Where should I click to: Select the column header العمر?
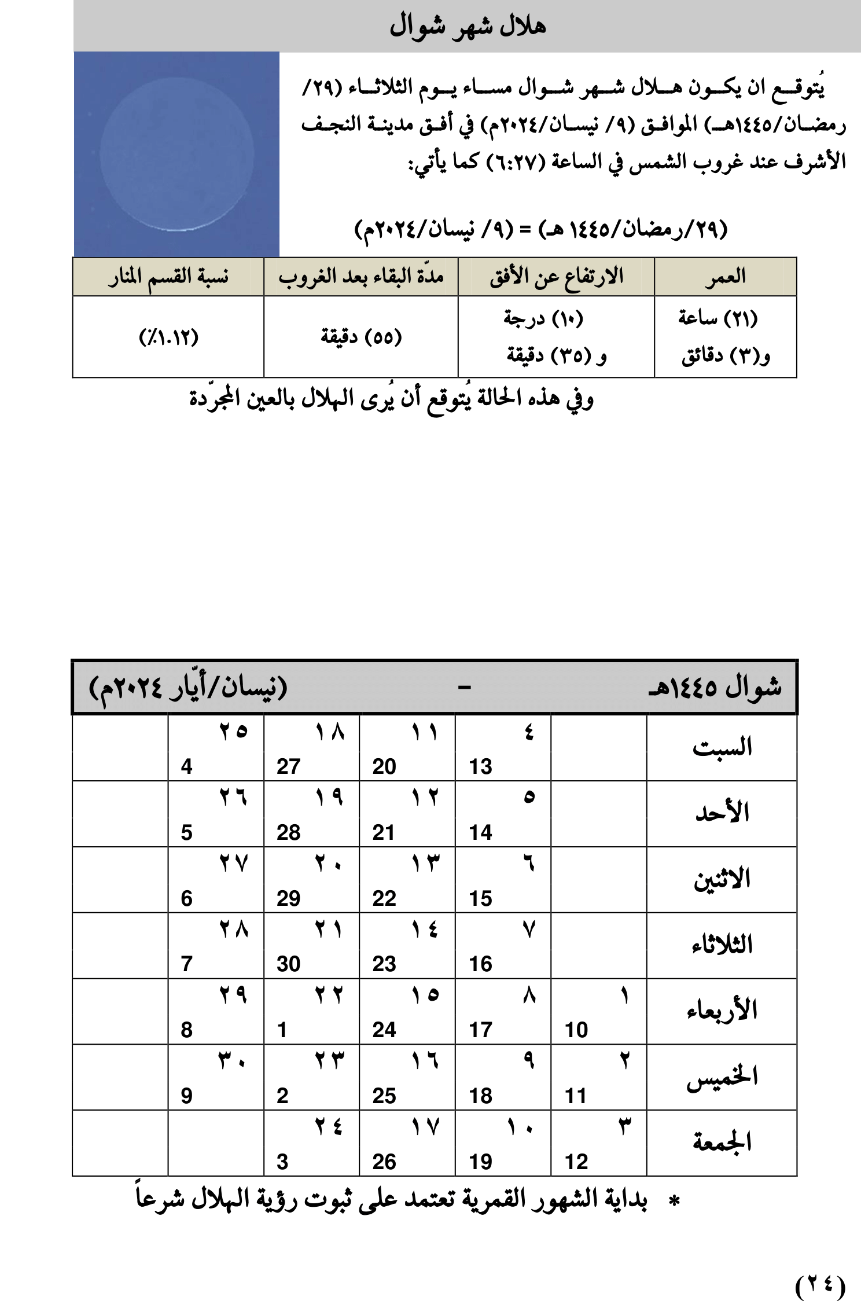click(x=725, y=277)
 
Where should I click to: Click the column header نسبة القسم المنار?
click(x=168, y=277)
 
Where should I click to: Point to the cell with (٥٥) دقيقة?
click(x=361, y=337)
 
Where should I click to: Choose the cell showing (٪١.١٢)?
click(x=168, y=337)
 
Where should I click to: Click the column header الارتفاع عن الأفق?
click(x=556, y=277)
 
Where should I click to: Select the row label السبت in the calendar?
click(x=722, y=747)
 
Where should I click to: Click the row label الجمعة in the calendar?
click(x=722, y=1142)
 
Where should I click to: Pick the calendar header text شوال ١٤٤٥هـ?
click(x=715, y=687)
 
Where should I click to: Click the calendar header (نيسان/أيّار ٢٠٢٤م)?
click(x=188, y=687)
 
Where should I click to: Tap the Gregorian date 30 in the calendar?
click(x=288, y=964)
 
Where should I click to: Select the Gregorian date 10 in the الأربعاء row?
click(x=576, y=1030)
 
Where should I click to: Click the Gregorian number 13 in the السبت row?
click(x=480, y=767)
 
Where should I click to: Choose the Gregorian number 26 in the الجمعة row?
click(x=384, y=1162)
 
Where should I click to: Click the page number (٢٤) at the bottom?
click(x=820, y=1285)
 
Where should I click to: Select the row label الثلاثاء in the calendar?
click(x=722, y=945)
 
